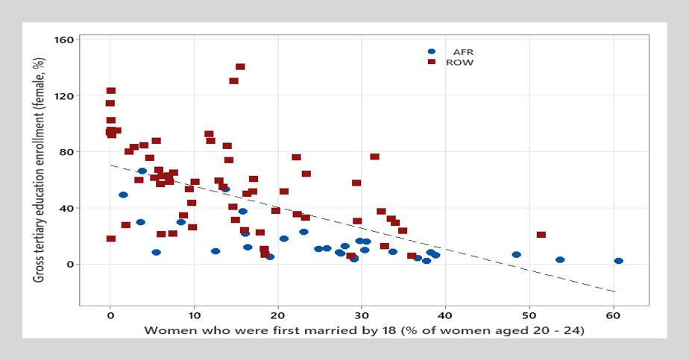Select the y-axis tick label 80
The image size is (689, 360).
(64, 152)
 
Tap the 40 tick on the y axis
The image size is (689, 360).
(64, 208)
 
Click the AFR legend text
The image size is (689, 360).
(464, 51)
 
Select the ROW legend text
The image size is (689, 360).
(459, 63)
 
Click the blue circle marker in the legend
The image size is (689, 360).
(431, 51)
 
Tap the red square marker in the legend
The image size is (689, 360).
(431, 63)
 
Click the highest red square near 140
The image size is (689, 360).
(240, 67)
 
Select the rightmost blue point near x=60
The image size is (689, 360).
(618, 261)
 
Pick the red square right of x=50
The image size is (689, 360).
(541, 235)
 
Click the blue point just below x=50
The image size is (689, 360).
(516, 255)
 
